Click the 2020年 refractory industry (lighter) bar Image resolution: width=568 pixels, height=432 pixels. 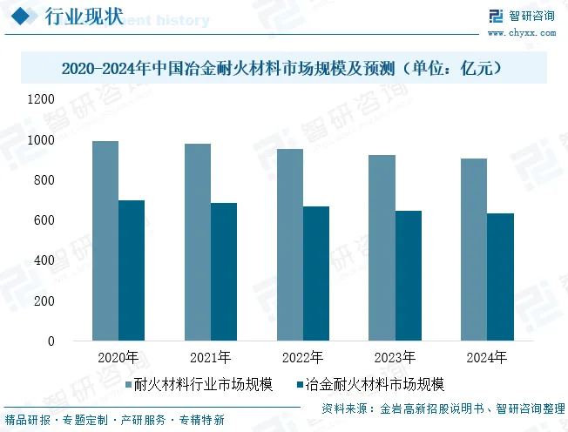click(x=105, y=240)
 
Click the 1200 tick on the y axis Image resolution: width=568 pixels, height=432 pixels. click(x=41, y=99)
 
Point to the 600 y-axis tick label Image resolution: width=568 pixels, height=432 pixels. click(x=44, y=220)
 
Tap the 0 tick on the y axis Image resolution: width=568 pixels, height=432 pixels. click(x=51, y=341)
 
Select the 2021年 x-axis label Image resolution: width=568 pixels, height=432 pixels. click(x=210, y=358)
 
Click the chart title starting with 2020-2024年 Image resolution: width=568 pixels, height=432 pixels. click(x=283, y=67)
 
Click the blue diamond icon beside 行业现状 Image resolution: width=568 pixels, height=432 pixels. click(x=24, y=18)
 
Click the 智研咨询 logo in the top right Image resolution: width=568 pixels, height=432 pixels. click(x=523, y=16)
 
